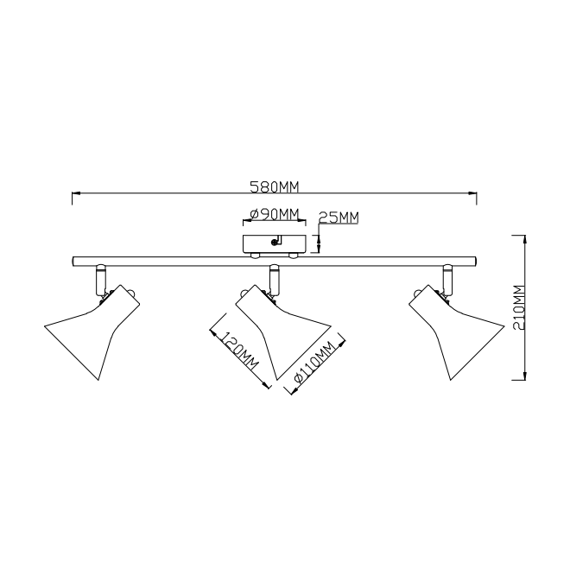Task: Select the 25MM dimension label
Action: [x=338, y=217]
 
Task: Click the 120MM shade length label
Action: [x=239, y=352]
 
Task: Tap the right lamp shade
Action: [x=456, y=332]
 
